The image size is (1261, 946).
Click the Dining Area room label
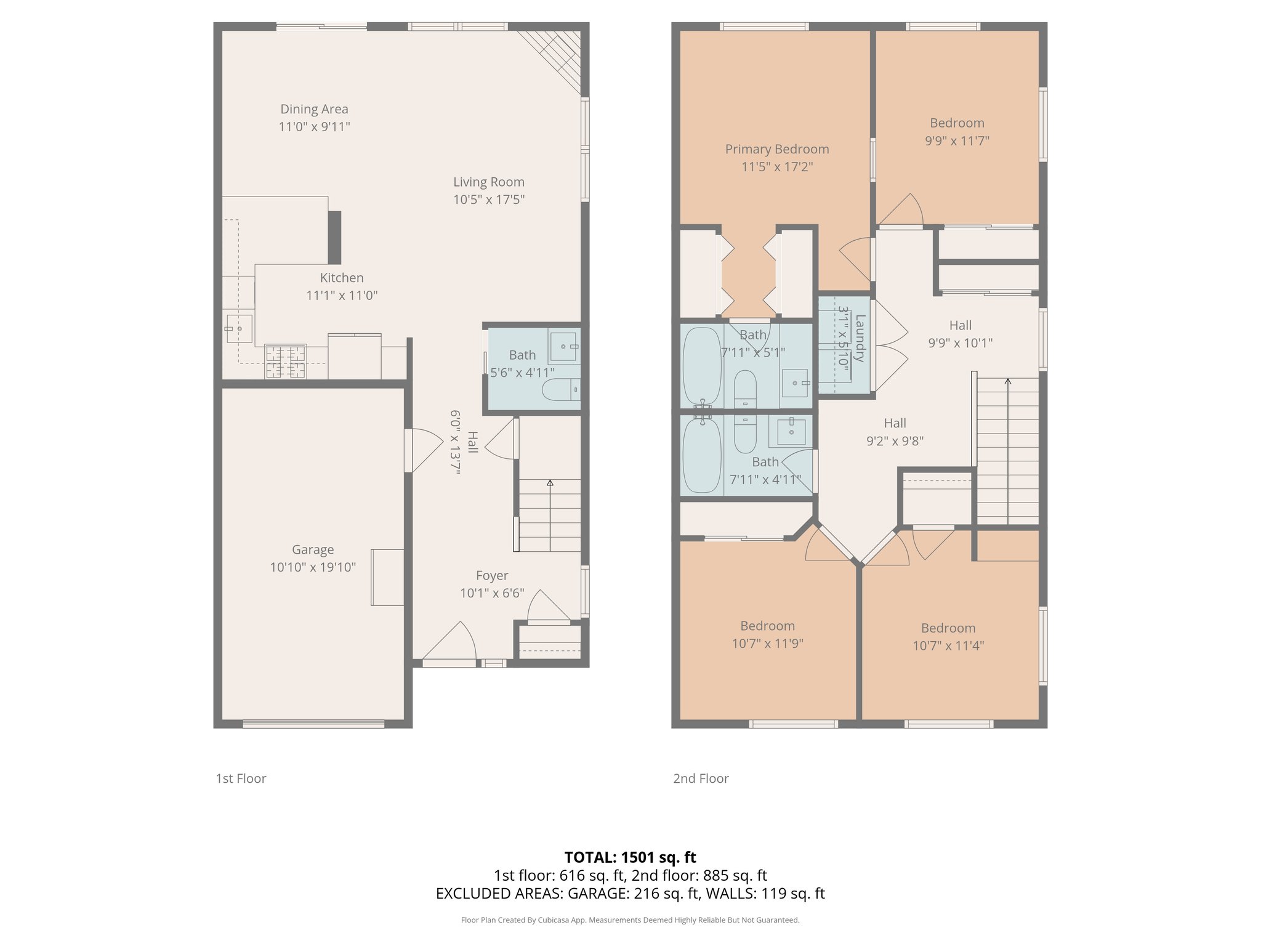pyautogui.click(x=314, y=109)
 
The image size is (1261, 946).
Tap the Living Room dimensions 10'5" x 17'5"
pyautogui.click(x=489, y=200)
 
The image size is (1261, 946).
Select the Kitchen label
pyautogui.click(x=342, y=278)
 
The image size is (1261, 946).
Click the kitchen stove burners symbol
pyautogui.click(x=285, y=362)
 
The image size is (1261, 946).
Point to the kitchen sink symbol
pyautogui.click(x=238, y=329)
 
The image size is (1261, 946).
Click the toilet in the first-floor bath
pyautogui.click(x=561, y=389)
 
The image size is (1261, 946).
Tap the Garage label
pyautogui.click(x=313, y=549)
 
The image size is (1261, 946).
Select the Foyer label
pyautogui.click(x=492, y=575)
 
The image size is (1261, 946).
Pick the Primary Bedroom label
pyautogui.click(x=777, y=149)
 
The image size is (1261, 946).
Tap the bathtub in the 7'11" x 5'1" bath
pyautogui.click(x=702, y=366)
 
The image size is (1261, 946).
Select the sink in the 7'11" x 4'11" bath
pyautogui.click(x=791, y=431)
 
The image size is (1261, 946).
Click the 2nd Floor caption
pyautogui.click(x=701, y=778)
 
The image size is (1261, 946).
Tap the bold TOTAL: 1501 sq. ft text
pyautogui.click(x=630, y=857)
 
